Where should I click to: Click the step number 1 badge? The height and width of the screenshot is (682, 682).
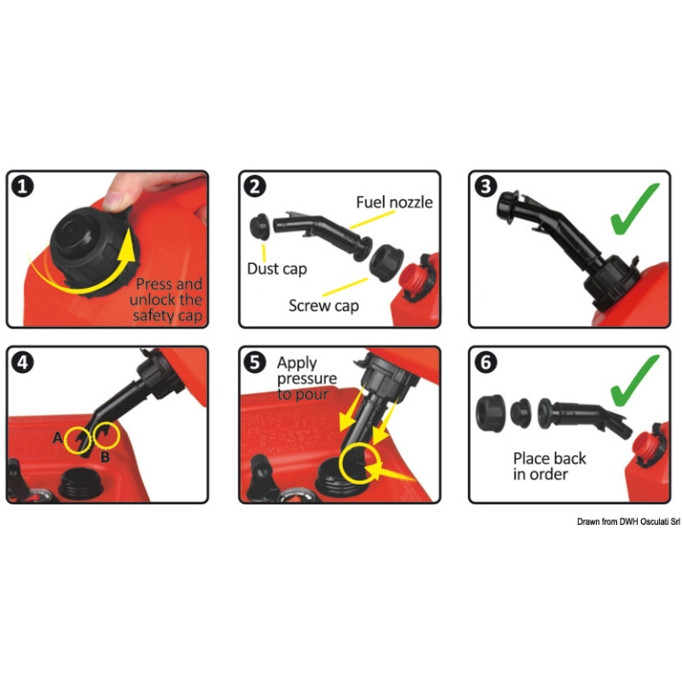[x=22, y=187]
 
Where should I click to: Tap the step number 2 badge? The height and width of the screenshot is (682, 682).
[x=255, y=187]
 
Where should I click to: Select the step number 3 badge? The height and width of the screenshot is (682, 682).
[x=486, y=187]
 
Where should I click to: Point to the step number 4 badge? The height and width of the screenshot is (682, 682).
[x=22, y=362]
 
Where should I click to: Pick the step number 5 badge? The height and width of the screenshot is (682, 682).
[x=255, y=362]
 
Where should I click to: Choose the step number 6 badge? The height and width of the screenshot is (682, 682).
[x=486, y=362]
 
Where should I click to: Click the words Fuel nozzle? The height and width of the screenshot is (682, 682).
[x=394, y=202]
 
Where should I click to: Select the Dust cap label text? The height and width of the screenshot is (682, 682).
[x=277, y=269]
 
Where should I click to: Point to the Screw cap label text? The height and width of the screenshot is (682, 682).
[x=323, y=305]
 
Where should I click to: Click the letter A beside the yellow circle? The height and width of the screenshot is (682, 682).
[x=58, y=438]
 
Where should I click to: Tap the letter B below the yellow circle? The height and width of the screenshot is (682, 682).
[x=105, y=456]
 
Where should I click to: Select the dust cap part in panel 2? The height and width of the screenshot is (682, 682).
[x=260, y=226]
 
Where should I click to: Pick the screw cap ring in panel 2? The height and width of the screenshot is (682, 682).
[x=386, y=263]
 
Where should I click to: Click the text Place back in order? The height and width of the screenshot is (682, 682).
[x=550, y=466]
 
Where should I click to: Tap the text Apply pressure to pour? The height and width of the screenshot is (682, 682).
[x=306, y=378]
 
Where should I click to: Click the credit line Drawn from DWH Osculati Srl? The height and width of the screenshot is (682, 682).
[x=628, y=521]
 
